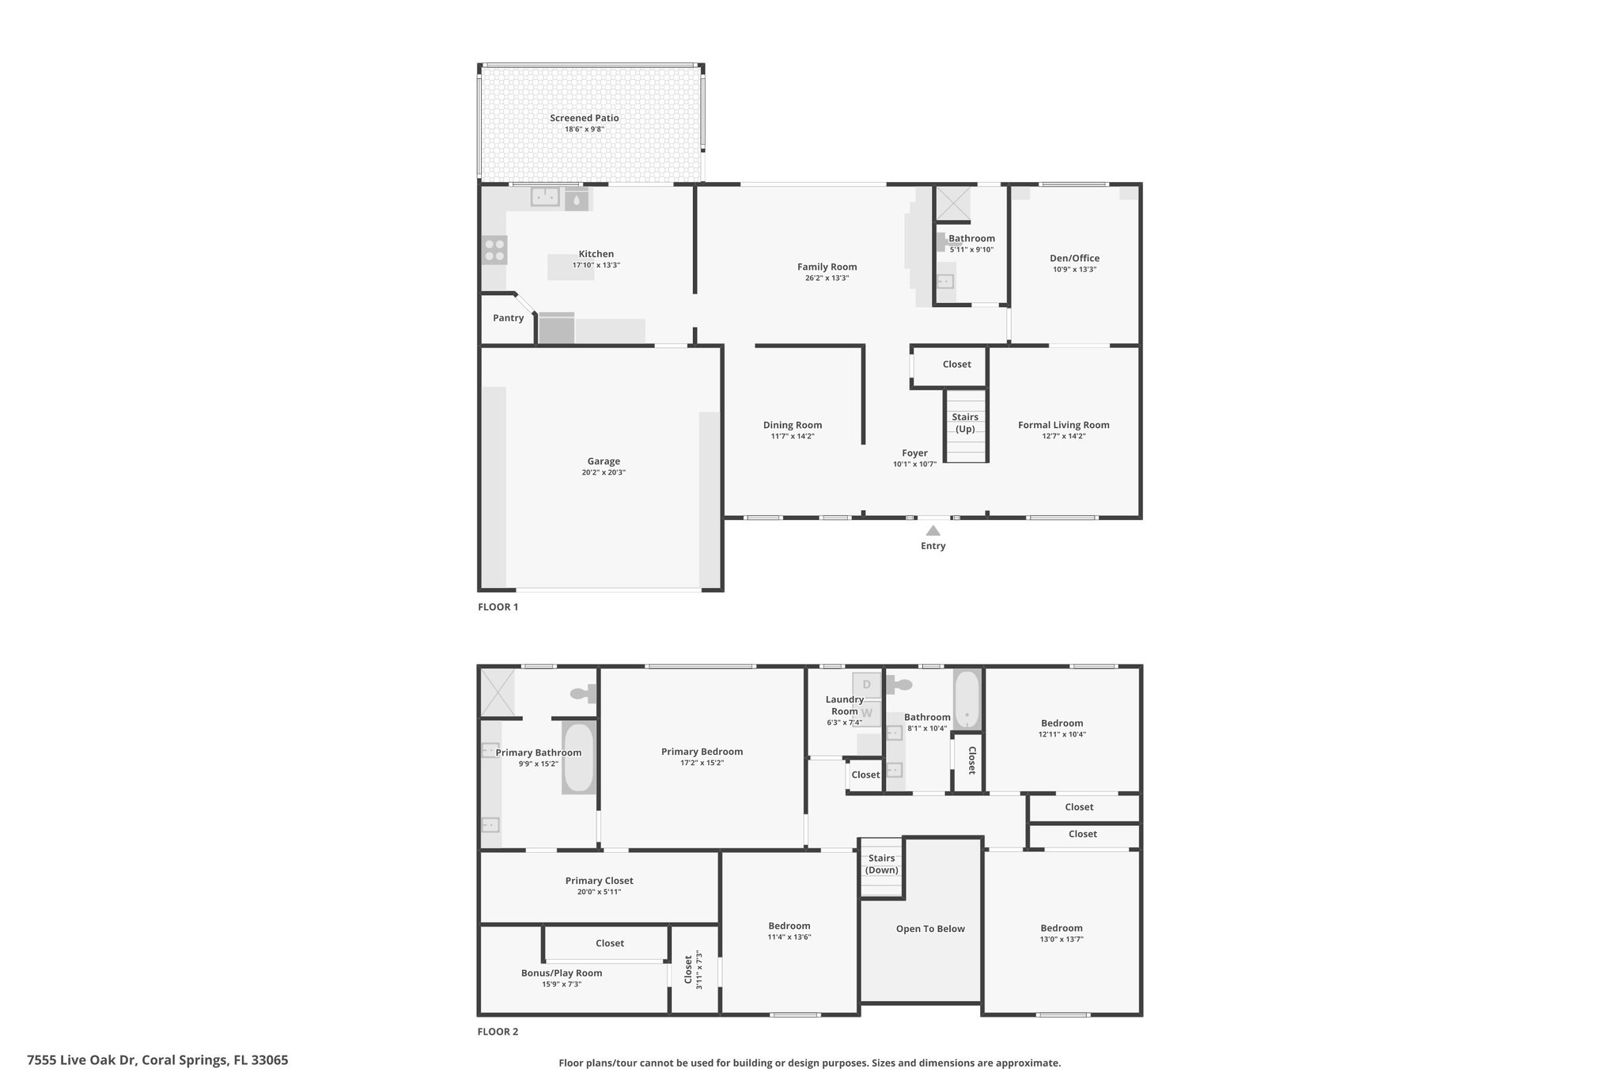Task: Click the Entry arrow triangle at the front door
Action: point(933,531)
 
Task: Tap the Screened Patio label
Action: point(585,118)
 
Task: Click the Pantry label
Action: point(509,318)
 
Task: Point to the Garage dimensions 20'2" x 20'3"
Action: point(604,472)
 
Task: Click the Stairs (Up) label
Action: point(965,423)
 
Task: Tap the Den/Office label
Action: point(1074,258)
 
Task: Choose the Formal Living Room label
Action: point(1064,425)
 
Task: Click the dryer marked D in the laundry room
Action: point(866,684)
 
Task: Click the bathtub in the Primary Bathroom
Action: point(578,758)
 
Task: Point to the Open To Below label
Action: point(930,929)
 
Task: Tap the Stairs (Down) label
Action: point(881,864)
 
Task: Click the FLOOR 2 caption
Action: point(498,1032)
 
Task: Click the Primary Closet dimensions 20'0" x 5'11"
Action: point(600,892)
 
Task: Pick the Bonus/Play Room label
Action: point(562,973)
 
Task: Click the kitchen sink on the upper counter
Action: point(545,196)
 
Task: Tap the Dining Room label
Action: point(793,425)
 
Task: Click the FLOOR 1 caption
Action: point(498,608)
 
